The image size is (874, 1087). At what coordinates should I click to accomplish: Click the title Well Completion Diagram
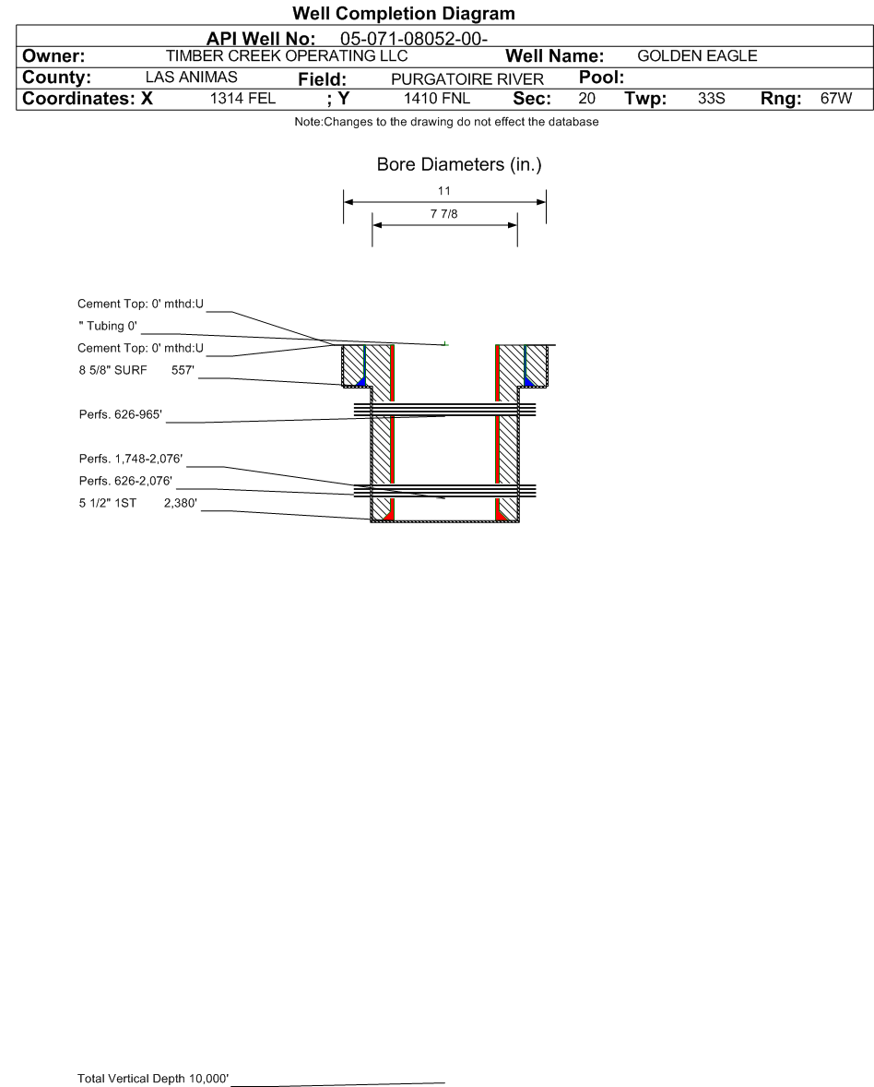[403, 14]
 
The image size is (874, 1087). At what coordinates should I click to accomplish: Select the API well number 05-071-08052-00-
[413, 39]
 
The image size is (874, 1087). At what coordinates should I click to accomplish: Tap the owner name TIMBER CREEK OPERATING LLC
[286, 56]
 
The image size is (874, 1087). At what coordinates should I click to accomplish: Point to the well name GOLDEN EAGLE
[697, 56]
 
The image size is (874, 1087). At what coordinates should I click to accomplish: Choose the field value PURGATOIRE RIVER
[467, 79]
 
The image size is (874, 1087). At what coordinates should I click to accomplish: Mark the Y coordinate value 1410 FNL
[437, 99]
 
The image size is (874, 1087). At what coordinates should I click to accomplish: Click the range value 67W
[835, 99]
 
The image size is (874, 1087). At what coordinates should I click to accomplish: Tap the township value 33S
[712, 99]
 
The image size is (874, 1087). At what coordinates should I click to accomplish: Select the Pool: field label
[602, 78]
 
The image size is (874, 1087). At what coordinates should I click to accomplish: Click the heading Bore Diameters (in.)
[459, 165]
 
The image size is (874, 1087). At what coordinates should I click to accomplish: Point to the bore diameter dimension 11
[444, 191]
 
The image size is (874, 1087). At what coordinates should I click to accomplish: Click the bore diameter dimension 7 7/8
[444, 215]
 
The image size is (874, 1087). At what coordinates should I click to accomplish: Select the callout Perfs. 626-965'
[121, 414]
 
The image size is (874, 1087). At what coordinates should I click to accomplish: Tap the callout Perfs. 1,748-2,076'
[131, 460]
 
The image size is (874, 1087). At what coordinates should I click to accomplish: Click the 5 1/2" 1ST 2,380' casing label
[137, 504]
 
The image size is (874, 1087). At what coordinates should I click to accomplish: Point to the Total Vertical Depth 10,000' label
[153, 1078]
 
